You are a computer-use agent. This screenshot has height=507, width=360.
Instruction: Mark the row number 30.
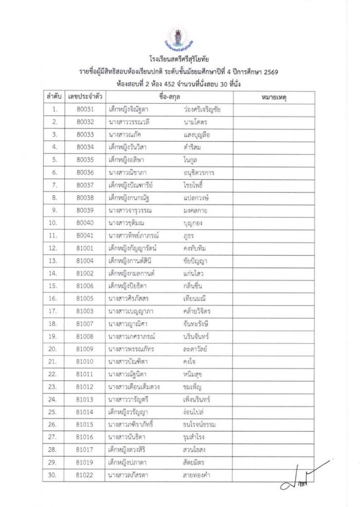(x=55, y=476)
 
